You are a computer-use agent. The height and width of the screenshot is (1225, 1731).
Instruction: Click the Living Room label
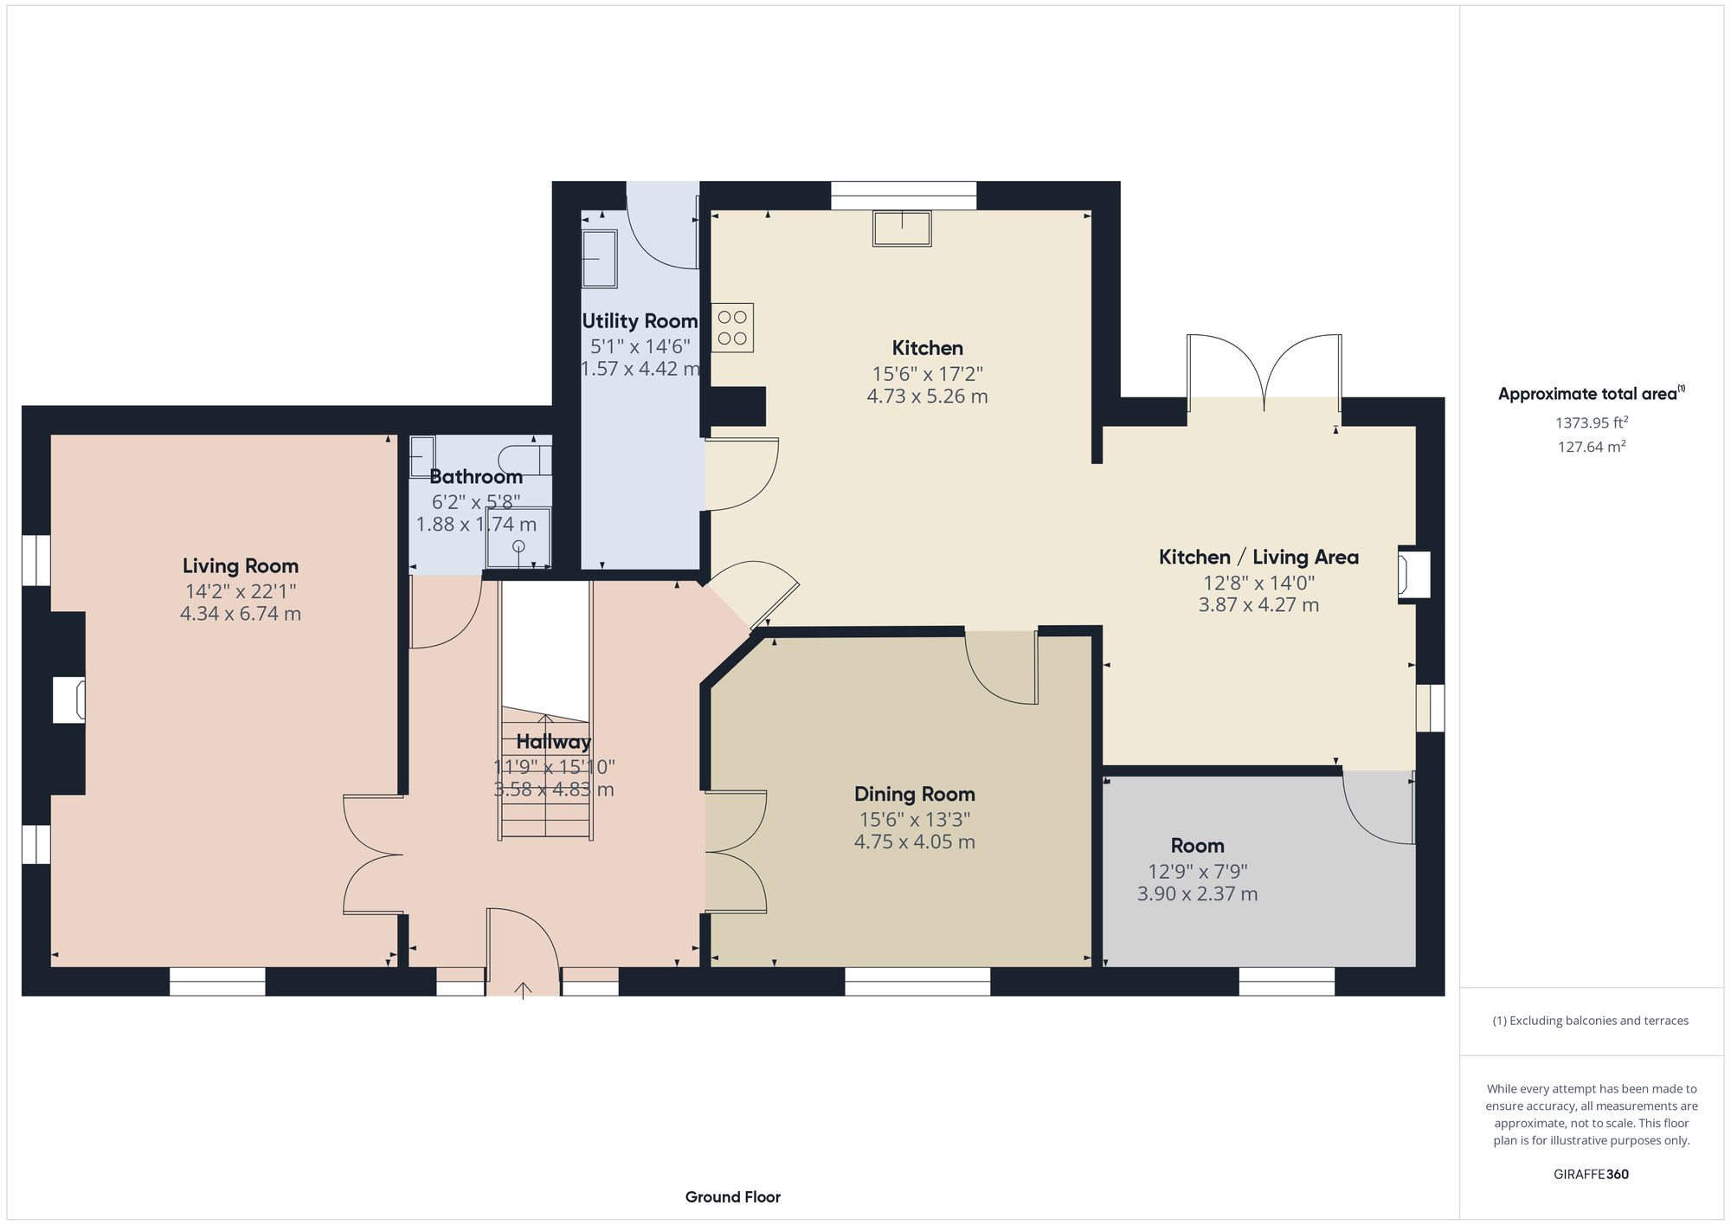click(x=240, y=566)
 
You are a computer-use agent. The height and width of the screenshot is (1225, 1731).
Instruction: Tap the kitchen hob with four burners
click(x=732, y=327)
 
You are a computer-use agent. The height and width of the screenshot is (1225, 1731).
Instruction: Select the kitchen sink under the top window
click(x=902, y=229)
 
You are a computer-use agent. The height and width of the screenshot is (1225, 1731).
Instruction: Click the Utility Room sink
click(x=599, y=258)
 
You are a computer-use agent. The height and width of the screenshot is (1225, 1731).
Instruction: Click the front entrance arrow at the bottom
click(x=524, y=990)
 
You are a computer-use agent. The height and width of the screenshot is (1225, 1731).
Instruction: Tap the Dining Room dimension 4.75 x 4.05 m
click(x=914, y=841)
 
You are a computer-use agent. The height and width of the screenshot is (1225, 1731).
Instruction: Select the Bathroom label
click(x=476, y=477)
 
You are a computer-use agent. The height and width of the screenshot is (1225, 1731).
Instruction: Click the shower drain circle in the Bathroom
click(x=518, y=545)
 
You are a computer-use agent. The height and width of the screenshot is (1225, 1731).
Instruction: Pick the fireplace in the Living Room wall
click(x=69, y=700)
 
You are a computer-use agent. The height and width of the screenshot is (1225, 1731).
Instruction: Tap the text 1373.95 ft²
click(x=1591, y=423)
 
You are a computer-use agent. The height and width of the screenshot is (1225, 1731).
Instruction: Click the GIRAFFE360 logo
click(x=1591, y=1175)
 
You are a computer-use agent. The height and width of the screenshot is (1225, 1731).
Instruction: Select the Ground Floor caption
click(x=732, y=1197)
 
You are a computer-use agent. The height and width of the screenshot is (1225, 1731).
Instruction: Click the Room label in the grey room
click(x=1197, y=846)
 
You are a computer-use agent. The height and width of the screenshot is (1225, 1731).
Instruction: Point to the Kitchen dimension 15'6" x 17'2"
click(x=927, y=374)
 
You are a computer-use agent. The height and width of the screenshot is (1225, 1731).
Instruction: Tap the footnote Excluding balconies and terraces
click(x=1590, y=1021)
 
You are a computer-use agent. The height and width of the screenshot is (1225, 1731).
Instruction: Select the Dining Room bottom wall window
click(x=917, y=981)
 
